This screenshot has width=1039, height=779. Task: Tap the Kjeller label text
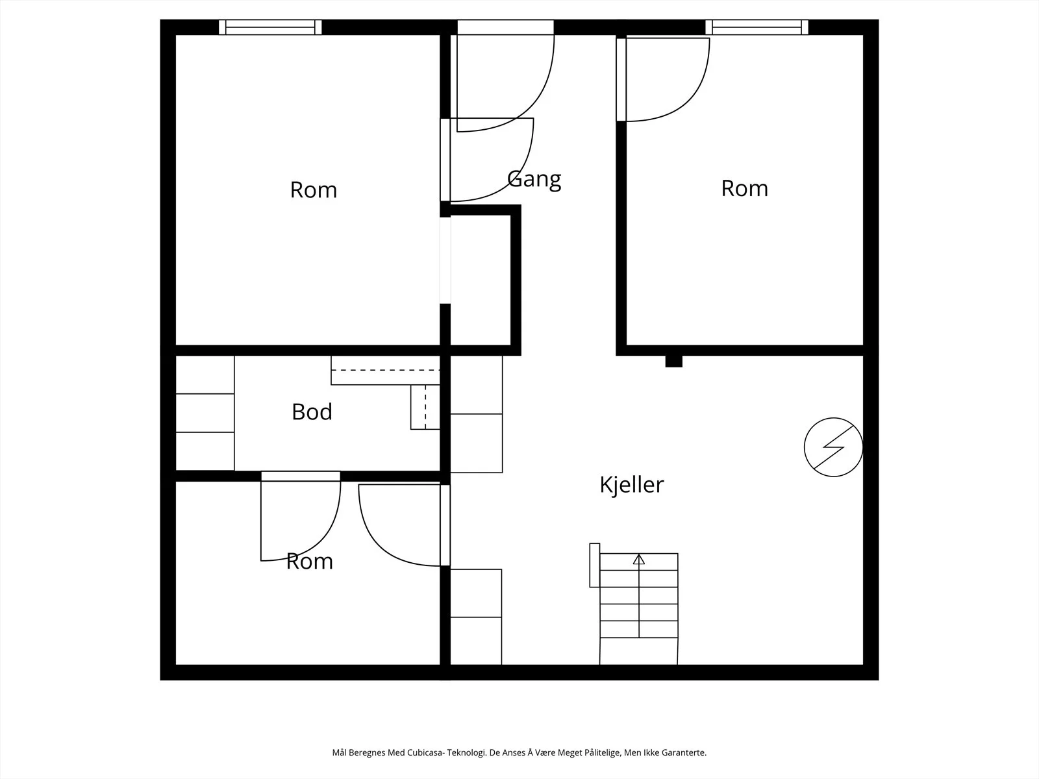coord(631,485)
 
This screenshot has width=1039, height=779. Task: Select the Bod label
coord(312,412)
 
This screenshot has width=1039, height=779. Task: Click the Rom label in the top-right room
coord(744,188)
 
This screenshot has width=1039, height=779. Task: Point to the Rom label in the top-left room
coord(314,190)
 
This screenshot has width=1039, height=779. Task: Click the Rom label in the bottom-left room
coord(310,562)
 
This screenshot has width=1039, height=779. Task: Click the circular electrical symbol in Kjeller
coord(833,447)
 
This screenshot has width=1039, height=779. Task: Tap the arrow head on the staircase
coord(639,559)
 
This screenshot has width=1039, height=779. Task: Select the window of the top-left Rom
coord(270,27)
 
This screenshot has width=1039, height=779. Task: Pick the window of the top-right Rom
coord(757,27)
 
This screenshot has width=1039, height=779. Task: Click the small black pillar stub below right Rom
coord(673,361)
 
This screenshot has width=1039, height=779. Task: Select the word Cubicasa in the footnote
coord(423,752)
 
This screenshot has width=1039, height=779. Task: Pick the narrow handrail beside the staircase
coord(595,565)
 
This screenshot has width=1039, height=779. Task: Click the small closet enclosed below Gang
coord(481,280)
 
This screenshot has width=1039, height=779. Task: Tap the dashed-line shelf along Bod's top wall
coord(385,370)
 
